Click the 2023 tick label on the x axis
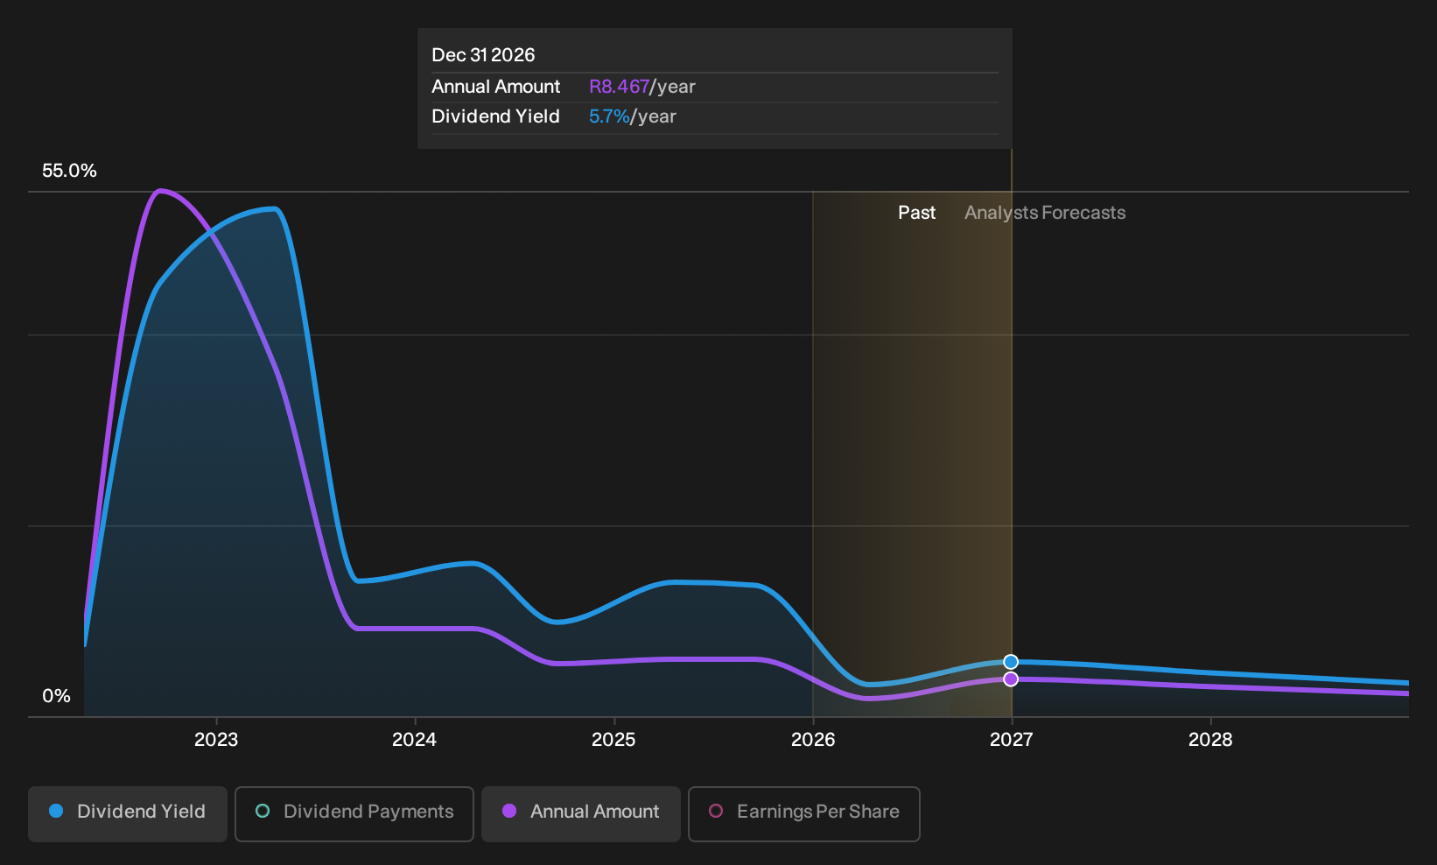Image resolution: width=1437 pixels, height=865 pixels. [216, 739]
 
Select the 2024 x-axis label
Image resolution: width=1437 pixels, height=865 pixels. [415, 739]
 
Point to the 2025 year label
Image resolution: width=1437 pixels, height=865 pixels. [613, 739]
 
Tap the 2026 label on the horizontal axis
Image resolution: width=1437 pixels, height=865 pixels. [813, 739]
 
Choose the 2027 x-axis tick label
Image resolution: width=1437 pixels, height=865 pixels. [1012, 739]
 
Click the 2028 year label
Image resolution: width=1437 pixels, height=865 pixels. [1210, 739]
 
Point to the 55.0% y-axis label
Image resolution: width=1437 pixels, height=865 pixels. [69, 171]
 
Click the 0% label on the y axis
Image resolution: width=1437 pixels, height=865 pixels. [57, 696]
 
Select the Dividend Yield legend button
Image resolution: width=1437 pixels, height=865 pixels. [128, 813]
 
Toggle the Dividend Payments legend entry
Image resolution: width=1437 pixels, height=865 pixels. [354, 813]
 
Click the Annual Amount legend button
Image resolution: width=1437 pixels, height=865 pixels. [580, 813]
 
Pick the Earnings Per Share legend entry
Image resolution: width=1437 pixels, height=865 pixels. [803, 813]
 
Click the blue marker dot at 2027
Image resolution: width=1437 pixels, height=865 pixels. [1011, 662]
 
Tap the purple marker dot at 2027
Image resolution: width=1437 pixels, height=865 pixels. [1011, 679]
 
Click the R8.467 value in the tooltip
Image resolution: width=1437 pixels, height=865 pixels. [619, 87]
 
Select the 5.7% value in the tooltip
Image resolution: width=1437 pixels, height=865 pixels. [609, 116]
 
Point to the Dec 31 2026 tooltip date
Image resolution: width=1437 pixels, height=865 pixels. [483, 55]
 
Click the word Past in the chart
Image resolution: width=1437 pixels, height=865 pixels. [917, 213]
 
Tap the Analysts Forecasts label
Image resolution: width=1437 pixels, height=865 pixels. [1045, 213]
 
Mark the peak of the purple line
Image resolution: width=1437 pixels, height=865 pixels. [160, 191]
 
